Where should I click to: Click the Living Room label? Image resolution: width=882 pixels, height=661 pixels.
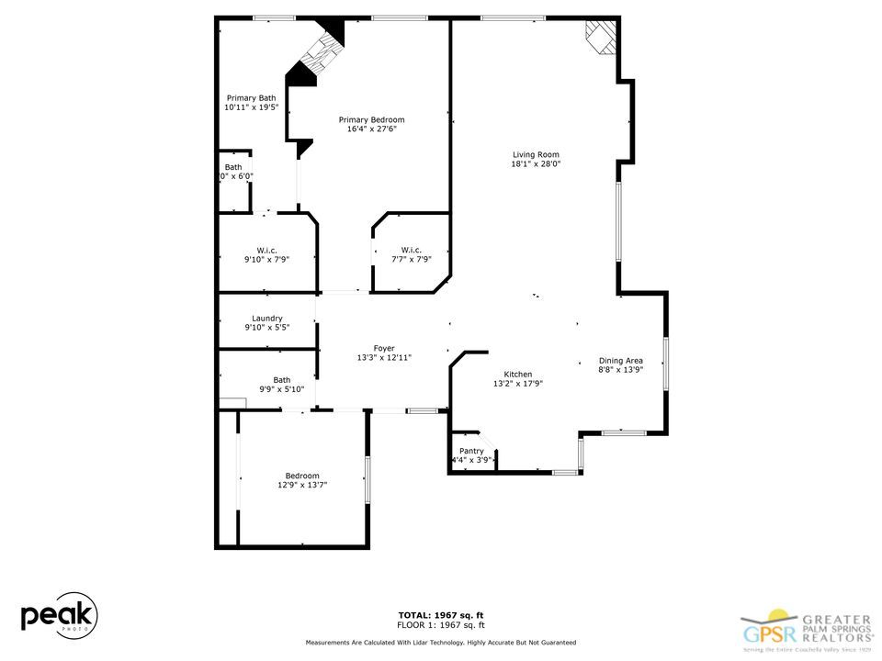tap(536, 154)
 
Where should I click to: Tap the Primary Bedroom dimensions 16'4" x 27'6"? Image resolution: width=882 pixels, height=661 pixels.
tap(371, 129)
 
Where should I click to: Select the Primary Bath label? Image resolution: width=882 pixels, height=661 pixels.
tap(251, 98)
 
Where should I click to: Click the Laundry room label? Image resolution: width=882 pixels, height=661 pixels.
tap(266, 318)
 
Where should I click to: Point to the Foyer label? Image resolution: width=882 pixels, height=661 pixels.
tap(383, 348)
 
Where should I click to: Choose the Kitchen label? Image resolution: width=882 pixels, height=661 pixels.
tap(517, 374)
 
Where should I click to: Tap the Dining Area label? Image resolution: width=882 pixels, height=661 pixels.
tap(620, 361)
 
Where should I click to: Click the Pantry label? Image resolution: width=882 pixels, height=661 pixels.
tap(471, 451)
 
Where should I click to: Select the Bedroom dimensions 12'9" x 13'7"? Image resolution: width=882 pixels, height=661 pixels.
tap(301, 485)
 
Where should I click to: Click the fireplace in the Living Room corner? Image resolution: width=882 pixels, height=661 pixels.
tap(602, 39)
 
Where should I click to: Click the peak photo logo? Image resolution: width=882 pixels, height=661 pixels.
tap(59, 614)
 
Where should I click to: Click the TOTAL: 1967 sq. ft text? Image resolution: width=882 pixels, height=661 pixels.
tap(440, 614)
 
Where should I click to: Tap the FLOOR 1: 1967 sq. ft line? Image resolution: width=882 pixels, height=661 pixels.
tap(440, 624)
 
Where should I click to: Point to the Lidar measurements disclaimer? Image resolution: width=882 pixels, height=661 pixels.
tap(440, 643)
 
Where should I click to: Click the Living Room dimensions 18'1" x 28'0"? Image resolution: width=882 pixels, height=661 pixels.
tap(536, 164)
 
